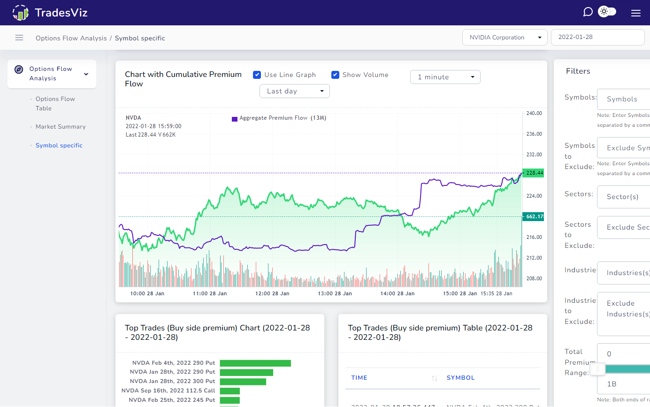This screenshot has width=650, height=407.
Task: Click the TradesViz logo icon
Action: point(20,13)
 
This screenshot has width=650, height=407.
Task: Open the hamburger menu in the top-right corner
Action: point(635,13)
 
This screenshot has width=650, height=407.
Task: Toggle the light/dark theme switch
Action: point(607,12)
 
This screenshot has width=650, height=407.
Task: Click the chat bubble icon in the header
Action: point(588,12)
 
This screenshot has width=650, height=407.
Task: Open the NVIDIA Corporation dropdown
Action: point(505,38)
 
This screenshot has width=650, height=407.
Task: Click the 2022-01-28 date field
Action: point(597,38)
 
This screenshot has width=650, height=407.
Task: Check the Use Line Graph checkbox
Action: point(257,75)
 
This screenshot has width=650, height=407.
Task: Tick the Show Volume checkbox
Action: point(335,75)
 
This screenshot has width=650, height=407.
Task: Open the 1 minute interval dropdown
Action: point(445,77)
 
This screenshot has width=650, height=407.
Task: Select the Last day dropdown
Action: point(294,91)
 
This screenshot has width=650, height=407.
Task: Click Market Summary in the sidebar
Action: point(61,127)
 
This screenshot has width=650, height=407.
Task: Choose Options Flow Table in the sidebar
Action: point(55,103)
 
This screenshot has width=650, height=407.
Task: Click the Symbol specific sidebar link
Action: point(59,146)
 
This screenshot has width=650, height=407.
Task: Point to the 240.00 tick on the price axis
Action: point(534,113)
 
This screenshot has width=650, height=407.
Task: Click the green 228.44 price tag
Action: point(534,173)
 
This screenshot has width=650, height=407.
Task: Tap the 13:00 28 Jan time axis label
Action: point(335,293)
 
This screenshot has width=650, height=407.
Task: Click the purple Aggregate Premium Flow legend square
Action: point(235,119)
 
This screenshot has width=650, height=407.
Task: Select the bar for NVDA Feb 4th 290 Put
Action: point(255,363)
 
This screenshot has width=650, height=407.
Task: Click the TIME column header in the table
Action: point(359,378)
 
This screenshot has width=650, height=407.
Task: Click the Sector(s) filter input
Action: point(624,197)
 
